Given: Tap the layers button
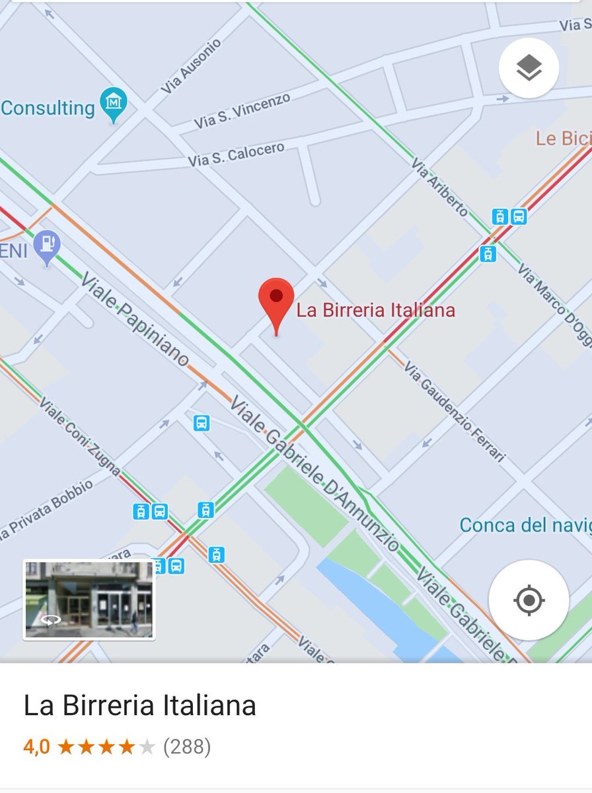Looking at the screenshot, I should point(529,68).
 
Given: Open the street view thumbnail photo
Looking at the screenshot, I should point(89,600).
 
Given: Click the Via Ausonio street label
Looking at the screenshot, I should point(192,66).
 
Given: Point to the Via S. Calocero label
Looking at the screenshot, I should point(236,155).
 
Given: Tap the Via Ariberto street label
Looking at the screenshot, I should point(439,187).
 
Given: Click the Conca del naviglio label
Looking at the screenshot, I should point(525,525).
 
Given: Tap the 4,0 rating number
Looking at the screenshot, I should point(36,747).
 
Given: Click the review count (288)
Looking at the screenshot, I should point(187,747).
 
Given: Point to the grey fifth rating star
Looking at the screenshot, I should point(147,747).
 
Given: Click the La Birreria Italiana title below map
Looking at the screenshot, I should point(139,706).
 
